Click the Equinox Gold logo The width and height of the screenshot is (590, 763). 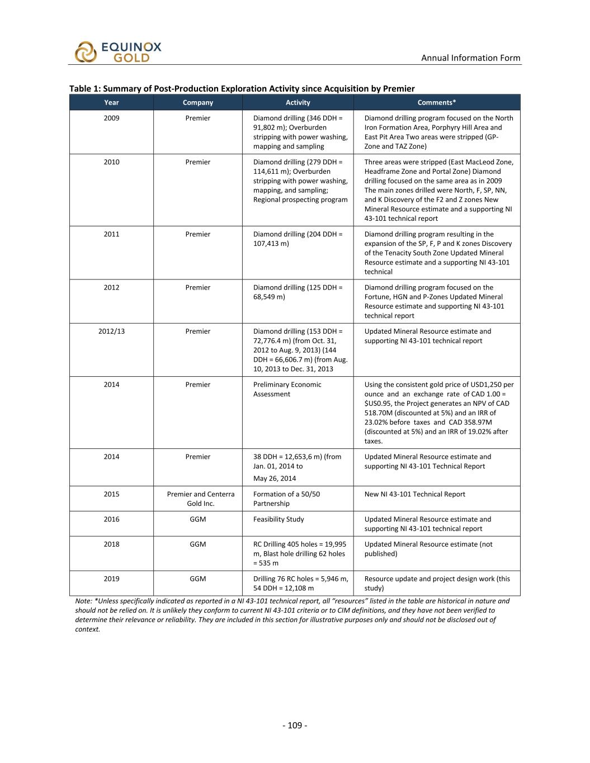point(118,52)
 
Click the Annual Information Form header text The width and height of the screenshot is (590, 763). point(470,58)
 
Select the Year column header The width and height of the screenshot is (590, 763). point(111,102)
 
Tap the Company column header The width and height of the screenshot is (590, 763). point(197,102)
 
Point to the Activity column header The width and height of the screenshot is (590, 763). point(298,102)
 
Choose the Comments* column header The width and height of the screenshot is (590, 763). point(436,102)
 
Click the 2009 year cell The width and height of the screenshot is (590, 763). point(111,118)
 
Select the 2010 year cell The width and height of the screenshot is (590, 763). point(111,162)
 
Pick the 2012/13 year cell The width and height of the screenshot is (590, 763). point(111,331)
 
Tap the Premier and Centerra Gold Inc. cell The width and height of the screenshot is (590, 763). point(201,499)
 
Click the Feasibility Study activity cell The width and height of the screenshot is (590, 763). point(279,519)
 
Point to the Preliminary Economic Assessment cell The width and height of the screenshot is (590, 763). point(287,389)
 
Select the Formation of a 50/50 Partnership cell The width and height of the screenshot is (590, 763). point(286,499)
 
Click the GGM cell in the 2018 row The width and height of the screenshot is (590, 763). point(197,544)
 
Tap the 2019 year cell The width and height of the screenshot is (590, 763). point(111,579)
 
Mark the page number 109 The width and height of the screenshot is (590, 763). point(295,726)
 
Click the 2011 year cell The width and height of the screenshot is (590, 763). point(111,234)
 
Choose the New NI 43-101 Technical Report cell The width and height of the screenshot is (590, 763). point(414,494)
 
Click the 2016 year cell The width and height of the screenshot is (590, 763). point(111,519)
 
